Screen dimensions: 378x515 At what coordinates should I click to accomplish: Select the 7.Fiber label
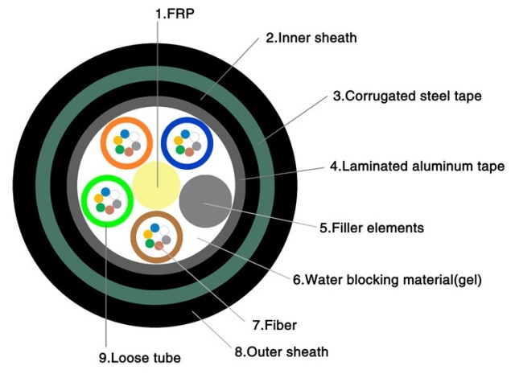pos(274,326)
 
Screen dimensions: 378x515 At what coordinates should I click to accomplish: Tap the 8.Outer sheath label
pos(280,351)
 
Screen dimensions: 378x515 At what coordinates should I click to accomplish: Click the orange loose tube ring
pos(105,142)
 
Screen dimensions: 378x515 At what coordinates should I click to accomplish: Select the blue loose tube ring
pos(165,142)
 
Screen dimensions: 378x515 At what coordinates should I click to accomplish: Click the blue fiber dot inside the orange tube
pos(127,133)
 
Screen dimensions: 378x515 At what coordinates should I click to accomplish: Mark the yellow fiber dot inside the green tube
pos(97,196)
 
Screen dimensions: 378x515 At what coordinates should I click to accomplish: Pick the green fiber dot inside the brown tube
pos(149,244)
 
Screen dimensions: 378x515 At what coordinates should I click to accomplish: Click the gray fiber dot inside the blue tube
pos(196,145)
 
